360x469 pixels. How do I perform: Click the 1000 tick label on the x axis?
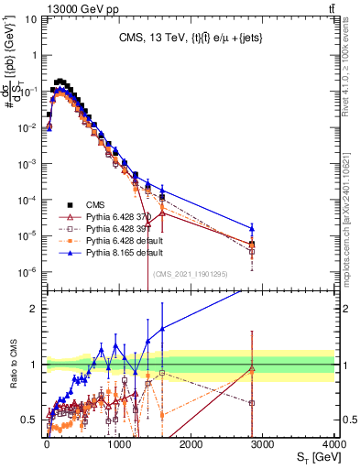[x=118, y=442]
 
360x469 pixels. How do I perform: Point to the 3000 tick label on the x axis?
[x=262, y=442]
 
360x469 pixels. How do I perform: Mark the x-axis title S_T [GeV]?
[x=314, y=456]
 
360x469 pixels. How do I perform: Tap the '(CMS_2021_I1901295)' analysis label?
[x=191, y=274]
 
